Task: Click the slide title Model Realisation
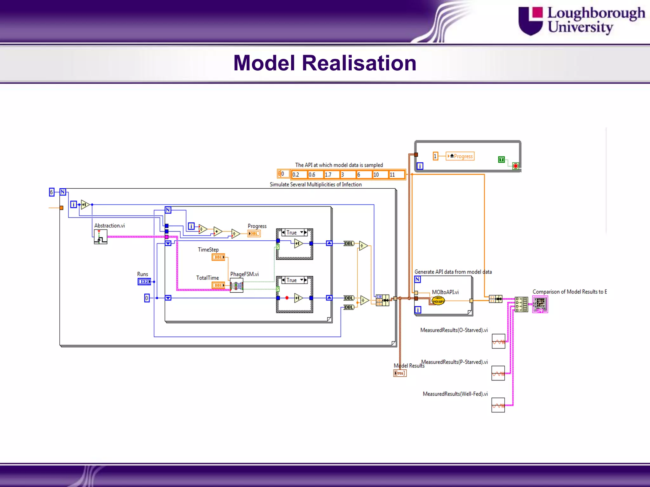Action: click(x=325, y=63)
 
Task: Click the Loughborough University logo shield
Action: click(x=530, y=21)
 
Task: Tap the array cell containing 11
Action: click(x=396, y=175)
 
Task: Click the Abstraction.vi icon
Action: click(x=100, y=237)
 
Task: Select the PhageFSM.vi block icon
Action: click(x=236, y=285)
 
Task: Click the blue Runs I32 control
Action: click(x=144, y=282)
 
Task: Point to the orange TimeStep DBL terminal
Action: click(x=218, y=257)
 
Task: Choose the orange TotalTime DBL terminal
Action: click(x=218, y=285)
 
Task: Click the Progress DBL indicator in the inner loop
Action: click(x=254, y=234)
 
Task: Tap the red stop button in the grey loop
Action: click(x=516, y=166)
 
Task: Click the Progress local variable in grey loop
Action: click(x=460, y=156)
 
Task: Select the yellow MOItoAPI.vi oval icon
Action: click(x=438, y=300)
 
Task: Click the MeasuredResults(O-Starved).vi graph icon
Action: click(x=498, y=341)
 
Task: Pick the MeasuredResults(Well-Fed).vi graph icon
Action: click(x=498, y=405)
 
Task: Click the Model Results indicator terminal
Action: click(x=400, y=373)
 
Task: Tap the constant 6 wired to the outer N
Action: click(x=51, y=192)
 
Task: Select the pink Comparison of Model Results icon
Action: click(x=540, y=304)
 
